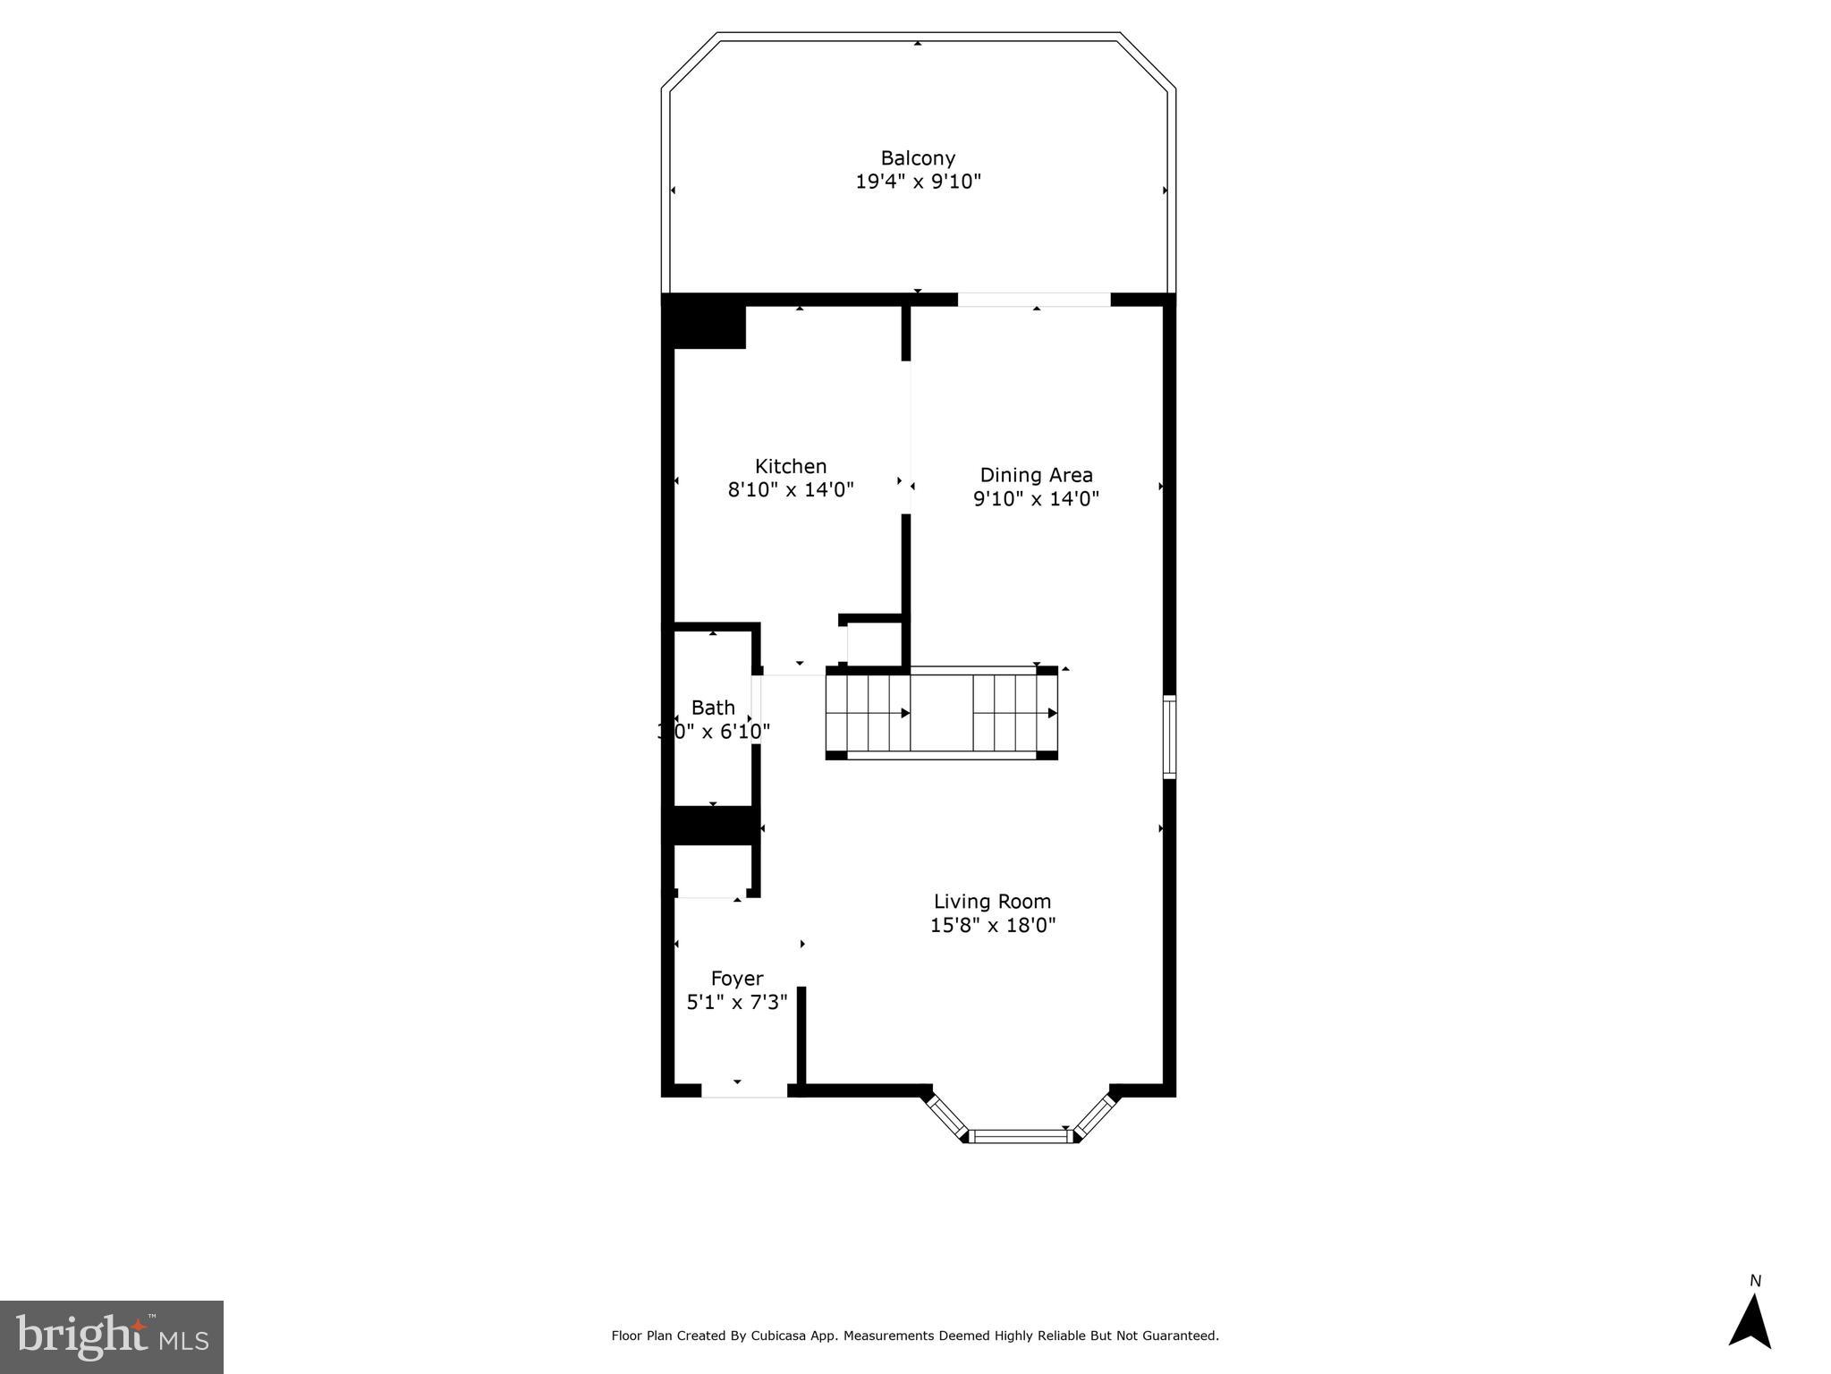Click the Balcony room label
click(918, 158)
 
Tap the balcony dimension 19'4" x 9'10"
click(918, 182)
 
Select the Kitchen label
click(791, 466)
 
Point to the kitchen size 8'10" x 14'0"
click(791, 490)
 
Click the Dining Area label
click(1036, 475)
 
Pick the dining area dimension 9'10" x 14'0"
click(1036, 499)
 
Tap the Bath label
click(713, 708)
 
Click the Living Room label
click(992, 902)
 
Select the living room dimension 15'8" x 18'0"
click(992, 926)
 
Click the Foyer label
click(737, 979)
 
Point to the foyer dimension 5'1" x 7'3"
click(737, 1003)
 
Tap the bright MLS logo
click(111, 1336)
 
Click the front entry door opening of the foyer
click(743, 1090)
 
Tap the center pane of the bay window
click(1021, 1136)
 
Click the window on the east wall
click(1169, 736)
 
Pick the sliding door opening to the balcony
click(1034, 300)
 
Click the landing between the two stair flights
click(941, 713)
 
